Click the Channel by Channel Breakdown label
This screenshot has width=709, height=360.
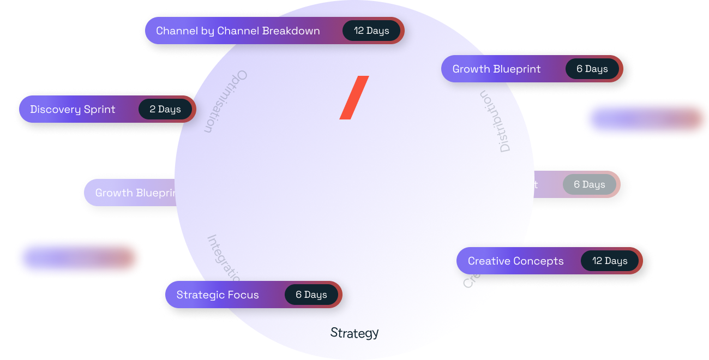coord(238,31)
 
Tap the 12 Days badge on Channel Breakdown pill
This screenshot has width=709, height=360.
coord(371,31)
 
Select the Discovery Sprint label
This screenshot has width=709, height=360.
coord(73,109)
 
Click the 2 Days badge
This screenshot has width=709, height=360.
coord(165,109)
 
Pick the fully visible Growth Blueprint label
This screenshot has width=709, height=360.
coord(496,69)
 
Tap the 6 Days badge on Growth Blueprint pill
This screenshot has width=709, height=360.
coord(592,69)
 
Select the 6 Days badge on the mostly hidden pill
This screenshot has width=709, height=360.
coord(589,184)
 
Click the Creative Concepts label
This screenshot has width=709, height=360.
coord(515,261)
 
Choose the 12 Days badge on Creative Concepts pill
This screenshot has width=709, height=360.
coord(610,261)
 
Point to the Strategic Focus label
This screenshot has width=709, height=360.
coord(218,295)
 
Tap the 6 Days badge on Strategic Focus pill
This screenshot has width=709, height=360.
coord(311,295)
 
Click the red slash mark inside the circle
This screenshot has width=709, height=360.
coord(354,98)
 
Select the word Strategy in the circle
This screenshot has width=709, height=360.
coord(354,333)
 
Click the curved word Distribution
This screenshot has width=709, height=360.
coord(496,121)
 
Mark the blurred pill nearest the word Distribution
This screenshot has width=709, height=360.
coord(645,119)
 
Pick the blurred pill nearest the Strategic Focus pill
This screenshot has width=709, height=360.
coord(79,258)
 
